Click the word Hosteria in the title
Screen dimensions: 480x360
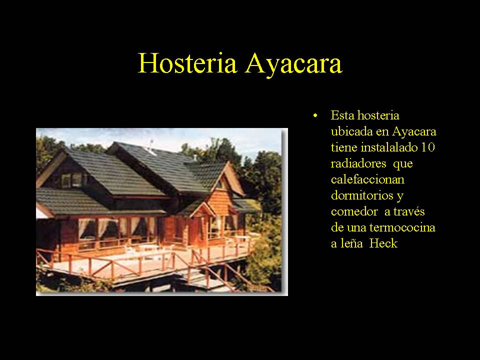(x=187, y=63)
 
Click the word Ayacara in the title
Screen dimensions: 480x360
(x=293, y=65)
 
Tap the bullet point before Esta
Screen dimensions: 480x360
(x=315, y=116)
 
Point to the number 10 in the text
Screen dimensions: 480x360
(x=428, y=147)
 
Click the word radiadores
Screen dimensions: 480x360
(x=358, y=163)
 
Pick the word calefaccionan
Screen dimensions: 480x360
(x=367, y=179)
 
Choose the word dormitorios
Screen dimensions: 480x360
(x=362, y=195)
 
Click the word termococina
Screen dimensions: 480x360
(x=402, y=227)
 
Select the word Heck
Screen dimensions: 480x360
(x=383, y=243)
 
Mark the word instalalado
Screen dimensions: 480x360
(x=389, y=147)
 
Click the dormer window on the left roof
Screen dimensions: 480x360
(x=72, y=180)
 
